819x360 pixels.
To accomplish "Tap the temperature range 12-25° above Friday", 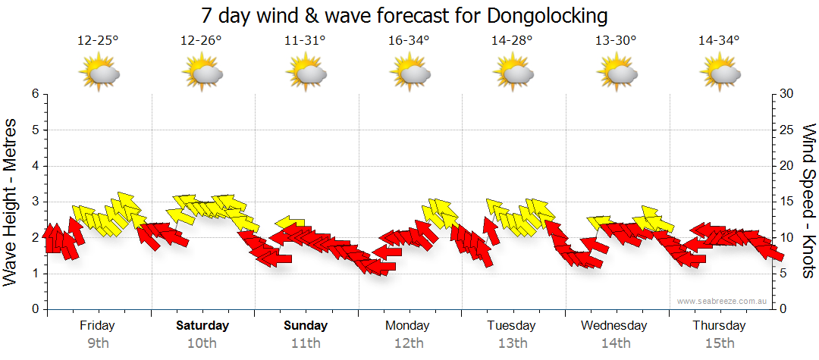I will coord(98,41).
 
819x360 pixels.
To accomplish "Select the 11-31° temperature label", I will coord(305,41).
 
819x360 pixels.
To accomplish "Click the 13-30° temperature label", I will coord(615,41).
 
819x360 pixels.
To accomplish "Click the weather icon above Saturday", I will coord(202,74).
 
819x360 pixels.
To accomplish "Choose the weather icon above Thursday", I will coord(719,74).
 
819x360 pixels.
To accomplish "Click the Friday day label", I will coord(98,326).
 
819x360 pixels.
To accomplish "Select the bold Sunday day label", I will coord(306,326).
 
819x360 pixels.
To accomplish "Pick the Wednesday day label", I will coord(614,326).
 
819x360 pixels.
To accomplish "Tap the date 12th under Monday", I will coord(409,343).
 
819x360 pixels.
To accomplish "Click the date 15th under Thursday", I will coord(719,343).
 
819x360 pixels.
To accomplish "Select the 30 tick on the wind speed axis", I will coord(786,94).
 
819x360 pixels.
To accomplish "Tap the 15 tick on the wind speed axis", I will coord(786,202).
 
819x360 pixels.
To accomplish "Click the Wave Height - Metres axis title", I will coord(11,202).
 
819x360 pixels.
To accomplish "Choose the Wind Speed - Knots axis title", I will coord(808,202).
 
